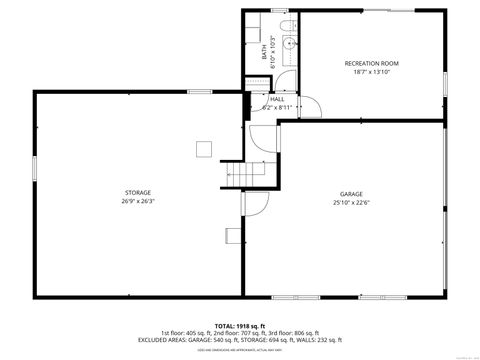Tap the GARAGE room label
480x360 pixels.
[x=351, y=194]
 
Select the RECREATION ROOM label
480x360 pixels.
[x=371, y=63]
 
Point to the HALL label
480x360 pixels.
[x=277, y=99]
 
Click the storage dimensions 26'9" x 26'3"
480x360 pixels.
[x=139, y=201]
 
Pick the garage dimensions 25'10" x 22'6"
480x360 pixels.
[x=351, y=203]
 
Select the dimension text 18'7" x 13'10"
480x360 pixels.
[x=371, y=72]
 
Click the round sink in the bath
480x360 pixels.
[x=289, y=45]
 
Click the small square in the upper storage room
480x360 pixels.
[x=203, y=149]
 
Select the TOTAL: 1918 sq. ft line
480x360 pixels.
[x=240, y=325]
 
